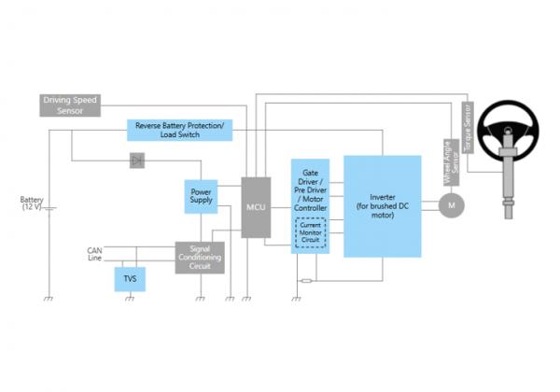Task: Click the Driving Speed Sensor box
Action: (70, 105)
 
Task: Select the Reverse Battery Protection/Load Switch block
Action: (179, 131)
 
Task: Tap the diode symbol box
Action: (137, 161)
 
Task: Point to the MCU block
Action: (256, 206)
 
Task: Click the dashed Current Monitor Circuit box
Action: (310, 233)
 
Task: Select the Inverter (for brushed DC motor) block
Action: (382, 206)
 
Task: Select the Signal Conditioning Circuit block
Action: (200, 257)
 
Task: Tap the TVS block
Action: (130, 278)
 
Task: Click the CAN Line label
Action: (93, 255)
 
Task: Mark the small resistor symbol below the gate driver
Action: (305, 278)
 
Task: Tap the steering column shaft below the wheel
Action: (509, 187)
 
